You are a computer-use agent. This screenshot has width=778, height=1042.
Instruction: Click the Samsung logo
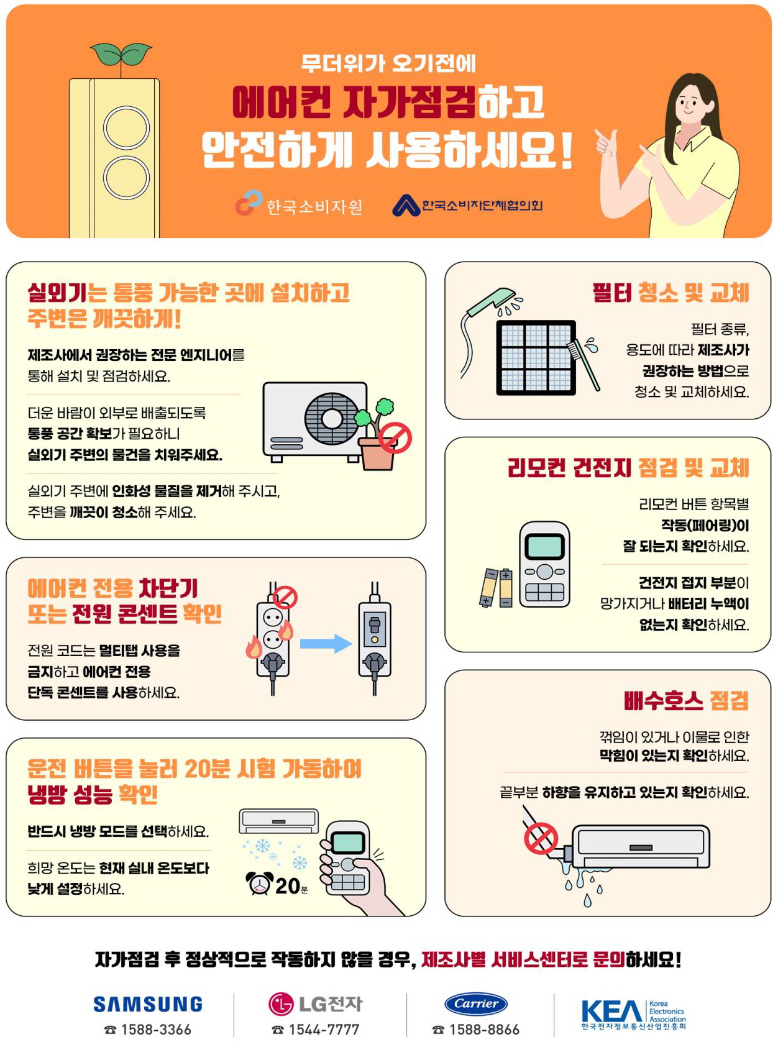click(148, 1004)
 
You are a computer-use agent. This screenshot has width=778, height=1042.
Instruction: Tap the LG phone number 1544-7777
click(323, 1030)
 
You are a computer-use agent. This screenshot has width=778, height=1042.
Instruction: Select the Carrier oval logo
click(476, 1003)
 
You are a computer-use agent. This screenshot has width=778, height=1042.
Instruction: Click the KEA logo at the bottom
click(633, 1013)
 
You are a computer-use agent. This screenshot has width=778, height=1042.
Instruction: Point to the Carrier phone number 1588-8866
click(483, 1030)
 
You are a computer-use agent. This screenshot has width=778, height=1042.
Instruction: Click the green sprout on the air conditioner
click(121, 55)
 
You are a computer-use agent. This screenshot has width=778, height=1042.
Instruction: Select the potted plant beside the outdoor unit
click(377, 435)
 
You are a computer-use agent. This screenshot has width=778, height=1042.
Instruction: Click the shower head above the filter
click(492, 302)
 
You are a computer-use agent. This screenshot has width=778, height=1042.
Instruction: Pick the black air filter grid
click(536, 358)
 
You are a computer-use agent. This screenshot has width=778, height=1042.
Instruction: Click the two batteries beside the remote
click(497, 587)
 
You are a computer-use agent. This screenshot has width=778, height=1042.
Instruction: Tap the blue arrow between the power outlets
click(326, 644)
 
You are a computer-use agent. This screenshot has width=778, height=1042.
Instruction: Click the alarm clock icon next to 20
click(260, 883)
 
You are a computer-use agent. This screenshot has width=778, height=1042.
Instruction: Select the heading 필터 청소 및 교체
click(670, 293)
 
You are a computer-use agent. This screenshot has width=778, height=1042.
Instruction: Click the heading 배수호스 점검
click(686, 701)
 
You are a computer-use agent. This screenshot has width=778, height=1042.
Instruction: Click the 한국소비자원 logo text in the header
click(314, 206)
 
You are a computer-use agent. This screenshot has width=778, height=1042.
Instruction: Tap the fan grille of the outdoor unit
click(331, 418)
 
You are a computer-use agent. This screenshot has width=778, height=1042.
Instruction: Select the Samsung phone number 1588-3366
click(155, 1030)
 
